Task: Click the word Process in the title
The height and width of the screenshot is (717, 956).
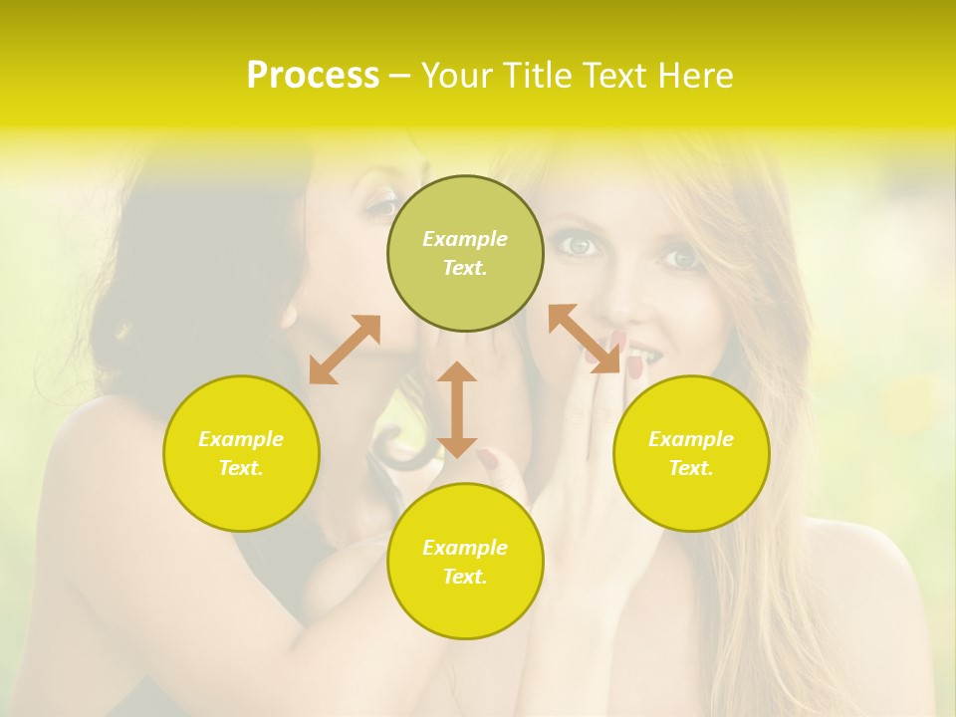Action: coord(313,76)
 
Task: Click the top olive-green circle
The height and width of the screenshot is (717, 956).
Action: coord(465,253)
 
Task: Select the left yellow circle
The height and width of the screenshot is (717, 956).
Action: coord(241,453)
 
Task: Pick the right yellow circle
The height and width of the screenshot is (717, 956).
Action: coord(691,453)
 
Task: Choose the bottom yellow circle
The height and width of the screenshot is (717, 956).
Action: coord(465,561)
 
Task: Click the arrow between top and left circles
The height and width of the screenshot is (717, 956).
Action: coord(345,349)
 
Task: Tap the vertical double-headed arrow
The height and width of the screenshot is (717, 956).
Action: coord(457,408)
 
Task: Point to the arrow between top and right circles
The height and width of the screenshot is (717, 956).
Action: coord(585,339)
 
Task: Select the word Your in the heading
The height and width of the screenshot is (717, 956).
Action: coord(454,76)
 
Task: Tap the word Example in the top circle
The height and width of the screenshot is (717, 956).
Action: coord(465,239)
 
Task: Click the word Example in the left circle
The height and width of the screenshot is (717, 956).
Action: coord(241,439)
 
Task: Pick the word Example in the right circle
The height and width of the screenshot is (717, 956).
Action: coord(691,439)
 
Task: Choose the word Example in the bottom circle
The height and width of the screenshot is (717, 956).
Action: coord(465,548)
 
